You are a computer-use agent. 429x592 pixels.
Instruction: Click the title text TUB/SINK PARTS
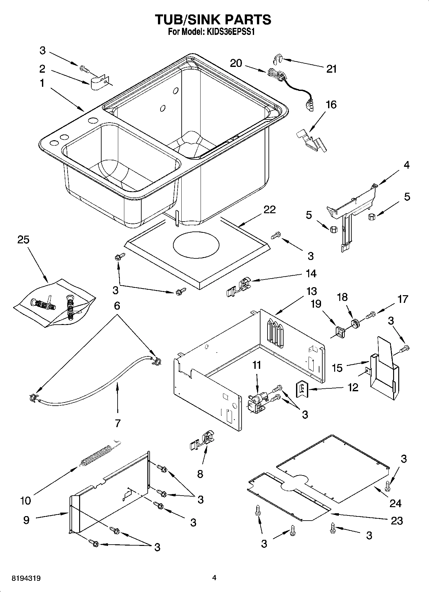tap(213, 20)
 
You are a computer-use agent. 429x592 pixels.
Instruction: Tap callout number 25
tap(23, 239)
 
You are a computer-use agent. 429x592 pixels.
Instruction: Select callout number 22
tap(269, 209)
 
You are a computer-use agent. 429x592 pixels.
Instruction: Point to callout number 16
tap(331, 104)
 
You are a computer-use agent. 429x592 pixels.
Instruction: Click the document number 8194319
tap(26, 579)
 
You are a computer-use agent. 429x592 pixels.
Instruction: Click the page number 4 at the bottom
tap(214, 578)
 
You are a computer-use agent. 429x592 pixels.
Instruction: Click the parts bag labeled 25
tap(54, 303)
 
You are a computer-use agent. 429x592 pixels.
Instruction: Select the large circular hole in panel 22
tap(196, 246)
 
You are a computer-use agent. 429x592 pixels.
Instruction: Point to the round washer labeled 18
tap(355, 323)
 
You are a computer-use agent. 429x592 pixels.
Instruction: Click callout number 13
tap(311, 291)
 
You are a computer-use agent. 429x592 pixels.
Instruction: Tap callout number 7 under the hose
tap(118, 423)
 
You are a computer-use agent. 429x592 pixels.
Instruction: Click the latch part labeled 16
tap(311, 139)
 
